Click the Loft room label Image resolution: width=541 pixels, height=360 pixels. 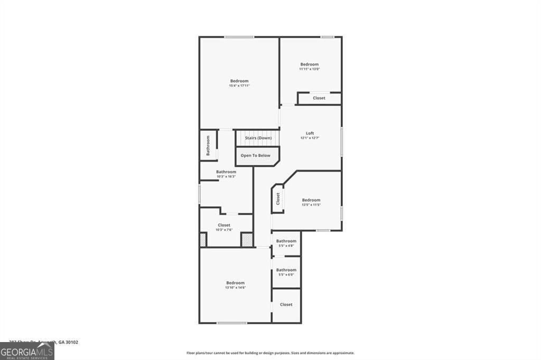coord(310,133)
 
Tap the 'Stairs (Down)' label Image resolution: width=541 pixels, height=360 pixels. coord(258,138)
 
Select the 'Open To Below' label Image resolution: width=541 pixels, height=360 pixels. coord(256,156)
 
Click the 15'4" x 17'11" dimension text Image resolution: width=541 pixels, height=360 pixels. coord(239,86)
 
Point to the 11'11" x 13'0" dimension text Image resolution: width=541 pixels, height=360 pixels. coord(310,69)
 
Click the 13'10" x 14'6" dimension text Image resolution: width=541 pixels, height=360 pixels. coord(236,288)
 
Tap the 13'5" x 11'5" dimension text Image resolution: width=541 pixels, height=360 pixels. coord(311,205)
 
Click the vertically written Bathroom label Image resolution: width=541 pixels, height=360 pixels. coord(208,145)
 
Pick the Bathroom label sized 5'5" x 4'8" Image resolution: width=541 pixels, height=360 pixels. coord(286,241)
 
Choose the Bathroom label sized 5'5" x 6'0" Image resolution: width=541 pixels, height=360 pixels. coord(286,270)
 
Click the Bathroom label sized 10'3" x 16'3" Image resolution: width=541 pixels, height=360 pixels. coord(226,172)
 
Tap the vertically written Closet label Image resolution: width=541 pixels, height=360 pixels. coord(278,199)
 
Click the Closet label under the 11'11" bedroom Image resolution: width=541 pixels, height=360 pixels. coord(319,98)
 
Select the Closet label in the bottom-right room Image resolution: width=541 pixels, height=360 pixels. coord(286,305)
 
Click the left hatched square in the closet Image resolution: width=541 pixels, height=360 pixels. coord(203,240)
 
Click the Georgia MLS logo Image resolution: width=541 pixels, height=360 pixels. coord(27,352)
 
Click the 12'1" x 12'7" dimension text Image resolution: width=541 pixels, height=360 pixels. coord(310,138)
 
